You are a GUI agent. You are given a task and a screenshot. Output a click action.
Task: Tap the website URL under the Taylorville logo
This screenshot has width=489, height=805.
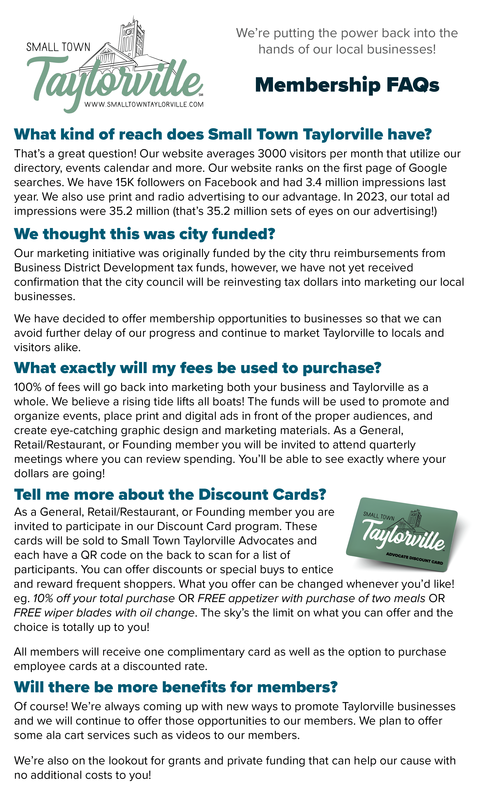click(144, 105)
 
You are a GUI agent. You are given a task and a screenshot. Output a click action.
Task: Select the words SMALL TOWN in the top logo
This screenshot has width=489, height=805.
click(58, 47)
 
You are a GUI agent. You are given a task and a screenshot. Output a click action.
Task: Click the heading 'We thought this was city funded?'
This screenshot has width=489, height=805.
click(145, 234)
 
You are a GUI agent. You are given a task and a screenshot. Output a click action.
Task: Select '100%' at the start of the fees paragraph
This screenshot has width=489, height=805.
click(27, 387)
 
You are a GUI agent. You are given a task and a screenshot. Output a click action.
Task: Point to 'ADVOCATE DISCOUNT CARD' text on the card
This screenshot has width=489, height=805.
click(414, 558)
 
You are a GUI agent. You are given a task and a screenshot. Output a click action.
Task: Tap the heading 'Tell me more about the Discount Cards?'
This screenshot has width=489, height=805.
click(170, 495)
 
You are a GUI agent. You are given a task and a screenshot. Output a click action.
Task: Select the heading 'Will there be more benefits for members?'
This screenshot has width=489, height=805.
click(176, 687)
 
